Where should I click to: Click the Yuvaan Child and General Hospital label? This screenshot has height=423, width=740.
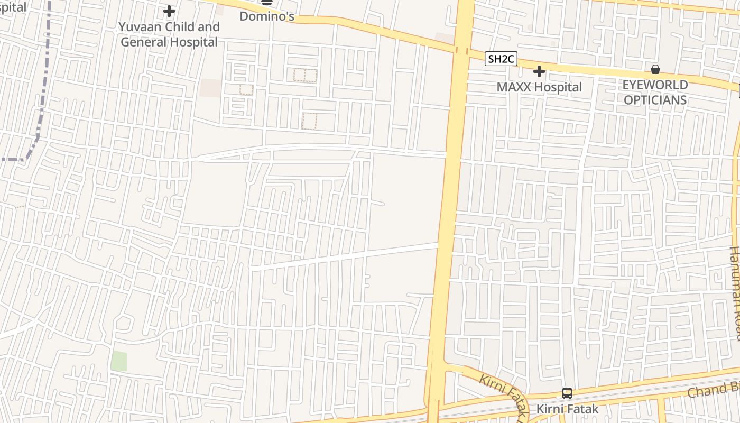tap(169, 34)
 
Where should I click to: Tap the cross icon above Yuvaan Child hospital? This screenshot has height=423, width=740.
tap(169, 11)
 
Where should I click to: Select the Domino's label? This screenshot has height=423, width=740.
tap(267, 16)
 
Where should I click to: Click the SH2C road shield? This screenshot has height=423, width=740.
tap(501, 59)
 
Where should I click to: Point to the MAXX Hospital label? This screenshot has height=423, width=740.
tap(539, 87)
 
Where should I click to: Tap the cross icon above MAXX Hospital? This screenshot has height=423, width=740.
tap(539, 71)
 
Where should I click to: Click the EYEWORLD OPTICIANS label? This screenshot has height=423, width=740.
tap(655, 93)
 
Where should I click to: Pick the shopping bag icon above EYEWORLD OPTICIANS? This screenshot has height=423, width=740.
tap(655, 69)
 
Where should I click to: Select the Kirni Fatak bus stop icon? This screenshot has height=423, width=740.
tap(567, 393)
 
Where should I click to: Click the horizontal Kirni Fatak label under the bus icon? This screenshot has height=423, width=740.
tap(568, 409)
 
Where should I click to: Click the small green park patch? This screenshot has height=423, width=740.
tap(118, 361)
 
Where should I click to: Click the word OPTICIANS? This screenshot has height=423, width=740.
tap(655, 100)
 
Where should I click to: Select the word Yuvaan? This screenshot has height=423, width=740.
tap(138, 27)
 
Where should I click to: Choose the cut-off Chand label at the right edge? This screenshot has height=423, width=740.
tap(714, 390)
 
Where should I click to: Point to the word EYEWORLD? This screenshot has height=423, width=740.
tap(655, 85)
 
